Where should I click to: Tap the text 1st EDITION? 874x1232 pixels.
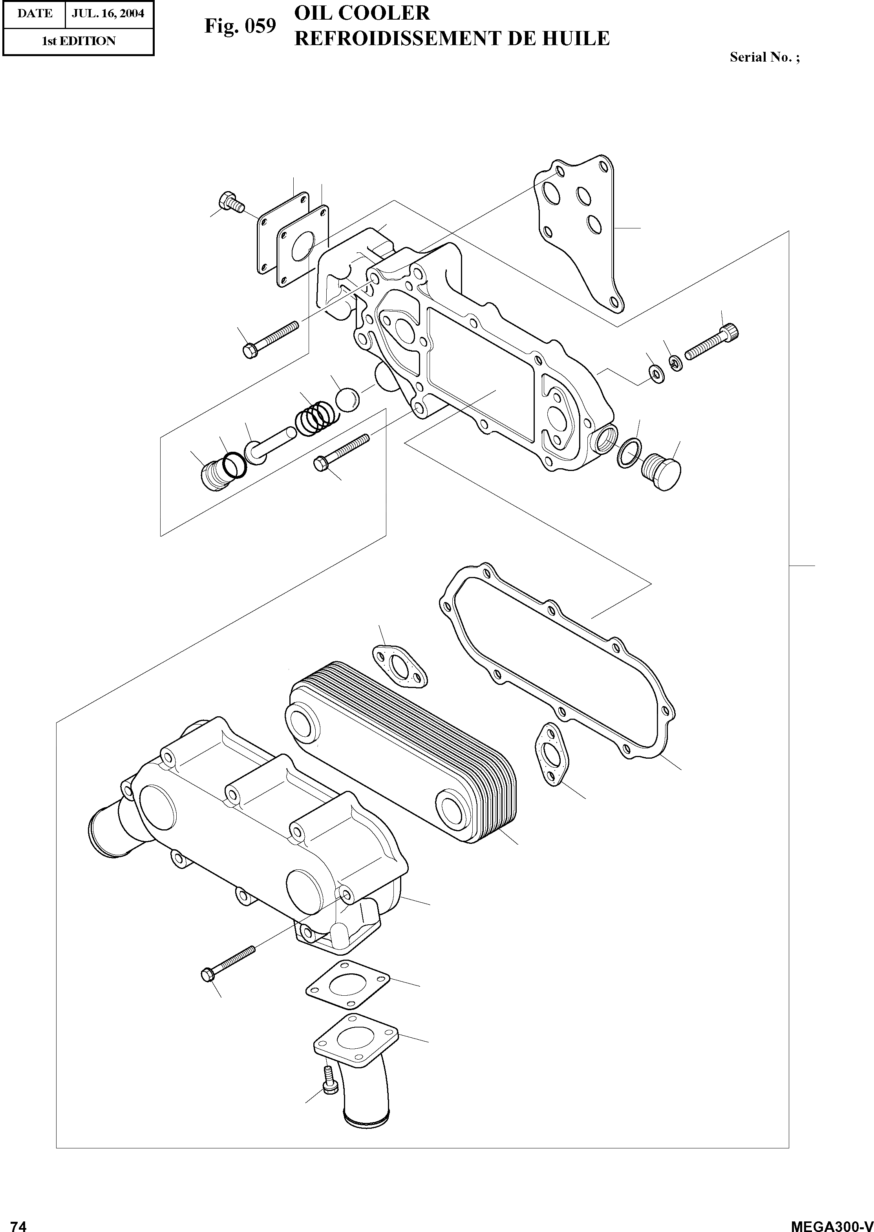click(x=79, y=41)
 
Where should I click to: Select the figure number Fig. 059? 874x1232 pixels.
click(x=240, y=26)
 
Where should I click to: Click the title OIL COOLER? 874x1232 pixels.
click(x=362, y=13)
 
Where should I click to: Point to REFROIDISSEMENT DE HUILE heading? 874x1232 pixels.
click(x=452, y=38)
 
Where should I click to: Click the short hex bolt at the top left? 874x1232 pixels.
click(x=231, y=202)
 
